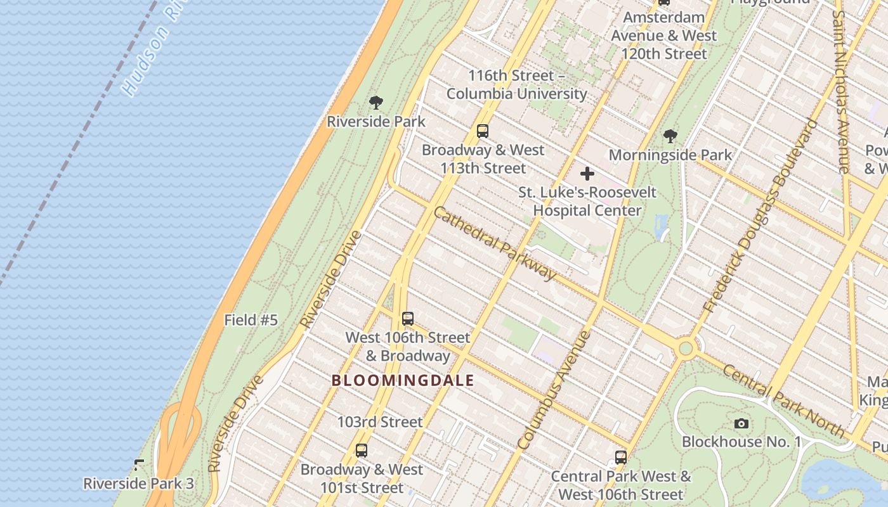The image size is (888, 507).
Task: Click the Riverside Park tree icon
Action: [376, 102]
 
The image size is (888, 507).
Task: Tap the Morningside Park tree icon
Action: [670, 136]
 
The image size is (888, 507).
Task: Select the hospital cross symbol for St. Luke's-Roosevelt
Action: [587, 173]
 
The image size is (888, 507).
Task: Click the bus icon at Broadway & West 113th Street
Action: [483, 131]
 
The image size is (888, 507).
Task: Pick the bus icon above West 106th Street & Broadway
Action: [408, 319]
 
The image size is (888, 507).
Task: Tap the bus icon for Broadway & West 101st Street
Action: [362, 451]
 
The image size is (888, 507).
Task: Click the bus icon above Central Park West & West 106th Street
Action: [621, 457]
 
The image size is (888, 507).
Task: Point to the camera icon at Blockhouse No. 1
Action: [741, 423]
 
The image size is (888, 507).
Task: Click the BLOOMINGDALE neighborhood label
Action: [403, 380]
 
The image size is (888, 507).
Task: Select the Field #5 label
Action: [251, 320]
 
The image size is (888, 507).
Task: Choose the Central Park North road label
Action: [784, 401]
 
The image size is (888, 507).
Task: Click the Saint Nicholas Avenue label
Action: [842, 92]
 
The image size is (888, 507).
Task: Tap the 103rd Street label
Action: [379, 421]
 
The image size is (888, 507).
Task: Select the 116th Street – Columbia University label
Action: [516, 85]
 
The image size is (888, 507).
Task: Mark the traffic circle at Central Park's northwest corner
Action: [686, 348]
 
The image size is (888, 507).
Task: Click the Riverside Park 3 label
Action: [138, 483]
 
